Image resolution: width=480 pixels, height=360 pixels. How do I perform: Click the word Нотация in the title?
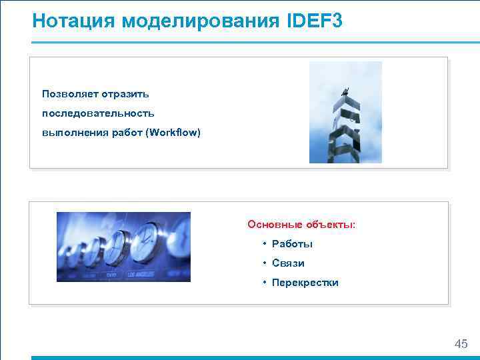(74, 21)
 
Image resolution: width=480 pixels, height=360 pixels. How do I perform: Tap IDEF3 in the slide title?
(315, 21)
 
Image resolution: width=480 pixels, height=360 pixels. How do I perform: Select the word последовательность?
(98, 113)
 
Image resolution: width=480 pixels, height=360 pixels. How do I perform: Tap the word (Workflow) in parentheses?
(175, 132)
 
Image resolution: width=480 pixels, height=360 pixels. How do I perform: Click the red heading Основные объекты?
(301, 225)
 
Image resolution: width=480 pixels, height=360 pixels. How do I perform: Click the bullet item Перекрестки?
(305, 283)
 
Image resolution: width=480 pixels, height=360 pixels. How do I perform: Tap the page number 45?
(461, 344)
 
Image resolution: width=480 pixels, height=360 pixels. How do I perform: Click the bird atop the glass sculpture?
(344, 91)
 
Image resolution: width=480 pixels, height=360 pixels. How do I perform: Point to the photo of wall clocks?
(123, 247)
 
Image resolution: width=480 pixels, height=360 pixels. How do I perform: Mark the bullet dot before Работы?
(265, 244)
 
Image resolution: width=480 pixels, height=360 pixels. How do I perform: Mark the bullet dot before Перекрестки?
(265, 283)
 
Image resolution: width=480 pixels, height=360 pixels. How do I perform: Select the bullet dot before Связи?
(265, 263)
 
